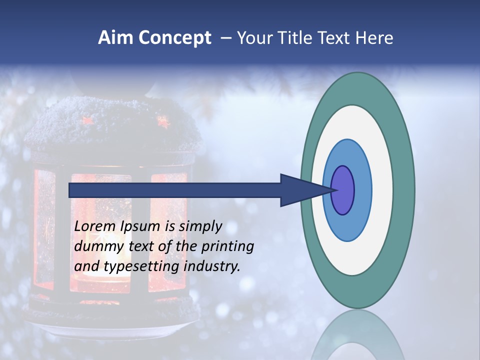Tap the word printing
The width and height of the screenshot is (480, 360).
pyautogui.click(x=227, y=246)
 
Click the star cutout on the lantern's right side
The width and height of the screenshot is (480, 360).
pyautogui.click(x=162, y=121)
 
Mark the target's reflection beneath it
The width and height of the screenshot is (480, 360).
pyautogui.click(x=358, y=337)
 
